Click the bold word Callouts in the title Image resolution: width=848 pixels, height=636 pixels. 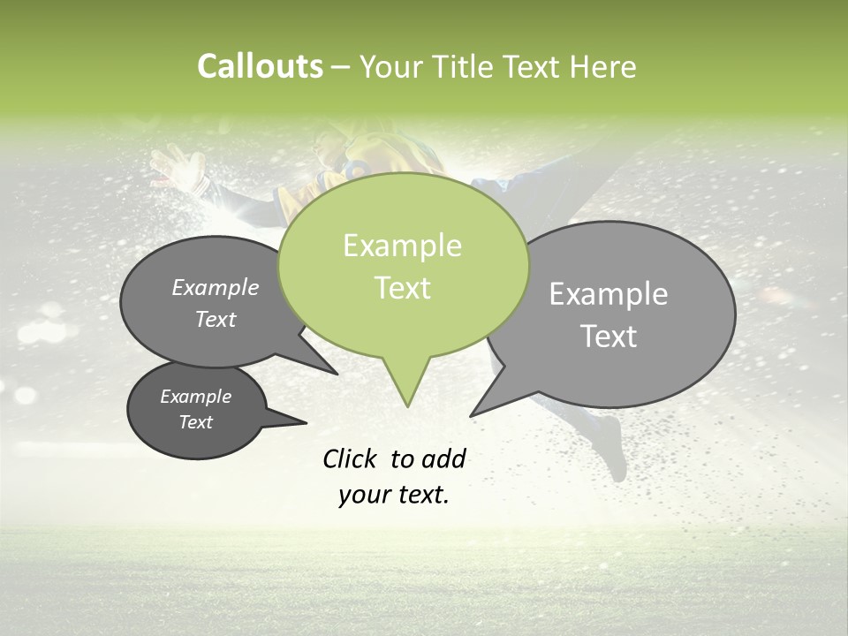coord(260,66)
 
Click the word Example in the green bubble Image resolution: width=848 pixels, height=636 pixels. coord(402,246)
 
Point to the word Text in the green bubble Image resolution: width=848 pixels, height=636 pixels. coord(402,288)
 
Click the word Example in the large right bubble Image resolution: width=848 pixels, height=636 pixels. coord(608,294)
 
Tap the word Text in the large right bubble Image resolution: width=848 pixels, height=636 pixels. coord(609,337)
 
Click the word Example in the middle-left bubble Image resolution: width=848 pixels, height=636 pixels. coord(215,288)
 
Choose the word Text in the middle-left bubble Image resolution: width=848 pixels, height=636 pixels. coord(215,319)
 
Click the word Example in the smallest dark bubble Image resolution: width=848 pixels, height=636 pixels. coord(195,397)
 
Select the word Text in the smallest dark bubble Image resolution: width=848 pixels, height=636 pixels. coord(195,422)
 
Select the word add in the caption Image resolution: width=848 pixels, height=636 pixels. coord(443,458)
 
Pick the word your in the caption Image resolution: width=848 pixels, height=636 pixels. coord(362,495)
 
